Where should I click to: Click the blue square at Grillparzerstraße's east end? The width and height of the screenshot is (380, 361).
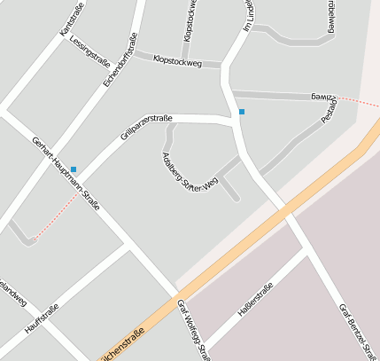(x=242, y=112)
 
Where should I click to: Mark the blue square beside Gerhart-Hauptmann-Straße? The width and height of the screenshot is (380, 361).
(x=74, y=169)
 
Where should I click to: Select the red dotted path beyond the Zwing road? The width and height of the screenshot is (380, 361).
(x=359, y=99)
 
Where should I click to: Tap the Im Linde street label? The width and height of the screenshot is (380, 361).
(x=250, y=15)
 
